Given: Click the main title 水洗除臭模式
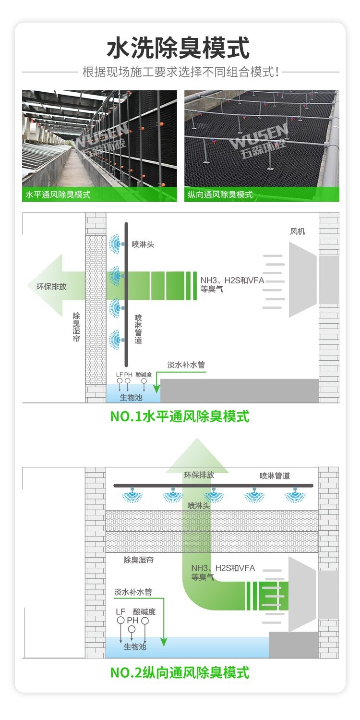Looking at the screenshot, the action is coord(178,48).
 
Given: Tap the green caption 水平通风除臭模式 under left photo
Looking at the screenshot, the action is coord(58,195).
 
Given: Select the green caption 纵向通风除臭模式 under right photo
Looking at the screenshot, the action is coord(220,195).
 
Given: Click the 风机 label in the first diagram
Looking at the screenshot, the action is coord(298,232).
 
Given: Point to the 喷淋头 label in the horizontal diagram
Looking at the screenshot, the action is coord(143,244).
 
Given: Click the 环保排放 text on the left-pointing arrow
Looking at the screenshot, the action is coord(51,286).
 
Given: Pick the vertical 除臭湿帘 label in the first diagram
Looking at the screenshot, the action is coord(76,327).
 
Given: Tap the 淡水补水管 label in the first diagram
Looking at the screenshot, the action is coord(186,365).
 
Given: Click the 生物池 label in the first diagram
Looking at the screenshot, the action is coord(131,398).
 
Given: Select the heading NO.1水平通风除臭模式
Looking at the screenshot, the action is coord(180,416).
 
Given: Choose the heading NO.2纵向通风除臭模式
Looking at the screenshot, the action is coord(180,672).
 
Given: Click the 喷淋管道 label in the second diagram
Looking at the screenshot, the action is coord(275,476).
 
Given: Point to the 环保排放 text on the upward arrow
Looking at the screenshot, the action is coord(199,475).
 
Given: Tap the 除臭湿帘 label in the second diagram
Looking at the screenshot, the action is coord(139,560).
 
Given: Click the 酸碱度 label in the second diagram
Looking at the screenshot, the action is coord(144,611).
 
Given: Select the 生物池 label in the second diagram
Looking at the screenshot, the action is coord(135,647).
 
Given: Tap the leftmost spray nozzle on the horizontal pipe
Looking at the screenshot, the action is coord(132,495).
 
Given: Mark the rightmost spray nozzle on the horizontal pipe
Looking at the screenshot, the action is coord(295,495).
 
